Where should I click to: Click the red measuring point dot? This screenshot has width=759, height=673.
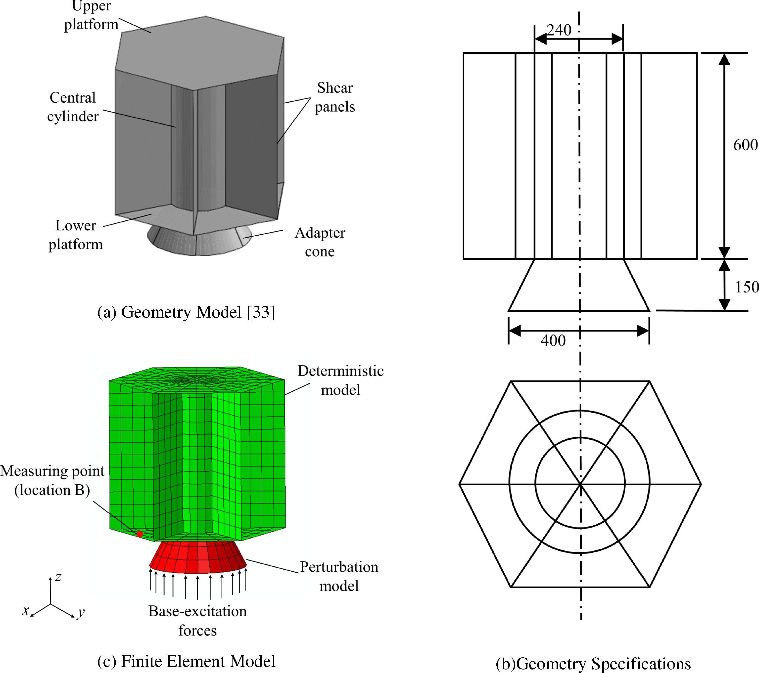[140, 534]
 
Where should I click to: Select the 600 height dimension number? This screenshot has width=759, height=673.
[745, 145]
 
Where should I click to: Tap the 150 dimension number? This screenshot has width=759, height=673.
[746, 287]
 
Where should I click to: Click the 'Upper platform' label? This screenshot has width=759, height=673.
[91, 16]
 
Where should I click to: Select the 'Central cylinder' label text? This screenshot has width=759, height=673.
[73, 107]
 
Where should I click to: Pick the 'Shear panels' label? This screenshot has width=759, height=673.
[335, 97]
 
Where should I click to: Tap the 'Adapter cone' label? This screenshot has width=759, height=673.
[320, 242]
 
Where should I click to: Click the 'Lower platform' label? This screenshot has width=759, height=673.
[76, 234]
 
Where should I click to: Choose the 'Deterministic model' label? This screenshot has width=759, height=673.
[340, 380]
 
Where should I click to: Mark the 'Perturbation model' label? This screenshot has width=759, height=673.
[339, 576]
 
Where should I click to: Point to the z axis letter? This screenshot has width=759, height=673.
[58, 577]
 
